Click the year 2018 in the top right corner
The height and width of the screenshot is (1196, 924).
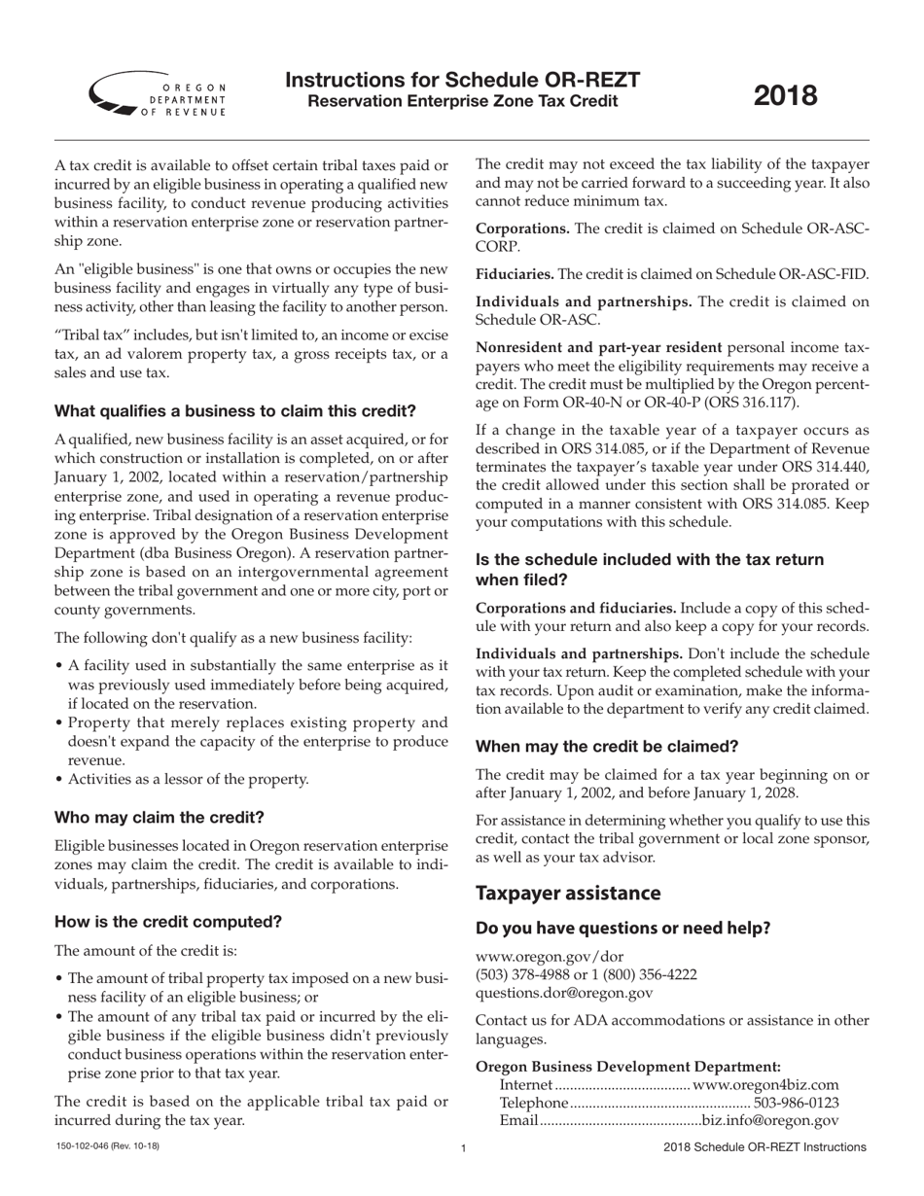[x=786, y=95]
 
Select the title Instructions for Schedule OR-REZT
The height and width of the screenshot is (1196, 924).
[x=462, y=80]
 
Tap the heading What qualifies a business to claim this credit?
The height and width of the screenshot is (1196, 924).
[x=234, y=410]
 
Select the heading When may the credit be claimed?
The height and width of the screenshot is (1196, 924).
[x=607, y=747]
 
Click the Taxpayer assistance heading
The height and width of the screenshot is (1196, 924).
[x=568, y=893]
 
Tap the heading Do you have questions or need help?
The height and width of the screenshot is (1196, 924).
[x=622, y=929]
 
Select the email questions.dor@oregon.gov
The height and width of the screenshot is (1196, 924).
[x=564, y=993]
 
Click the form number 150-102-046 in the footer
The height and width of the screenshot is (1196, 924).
[x=107, y=1146]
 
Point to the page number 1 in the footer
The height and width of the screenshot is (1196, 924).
[x=463, y=1148]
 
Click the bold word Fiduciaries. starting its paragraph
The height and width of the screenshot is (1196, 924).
[x=514, y=274]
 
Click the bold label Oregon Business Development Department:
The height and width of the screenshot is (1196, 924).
[x=627, y=1066]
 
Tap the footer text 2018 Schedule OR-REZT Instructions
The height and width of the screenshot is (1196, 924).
[x=764, y=1147]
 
